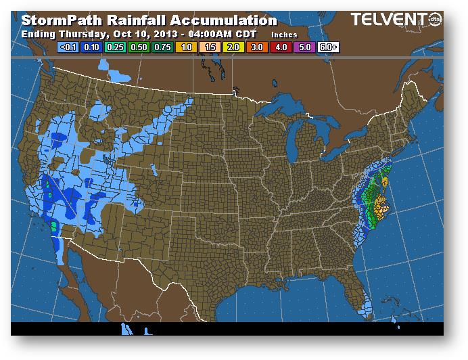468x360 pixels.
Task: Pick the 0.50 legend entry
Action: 139,48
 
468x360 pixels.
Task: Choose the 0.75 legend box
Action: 162,48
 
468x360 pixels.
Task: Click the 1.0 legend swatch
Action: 185,48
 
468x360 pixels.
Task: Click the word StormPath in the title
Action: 56,21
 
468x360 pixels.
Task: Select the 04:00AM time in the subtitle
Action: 198,34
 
